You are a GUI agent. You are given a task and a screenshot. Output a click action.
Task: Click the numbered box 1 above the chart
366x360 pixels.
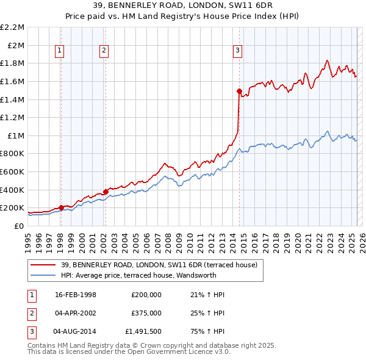(60, 51)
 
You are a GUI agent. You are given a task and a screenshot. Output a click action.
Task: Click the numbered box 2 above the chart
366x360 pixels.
(105, 51)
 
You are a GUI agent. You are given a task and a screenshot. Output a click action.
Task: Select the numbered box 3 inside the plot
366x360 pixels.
(237, 51)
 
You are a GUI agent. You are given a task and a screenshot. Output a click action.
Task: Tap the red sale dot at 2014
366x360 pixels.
(239, 91)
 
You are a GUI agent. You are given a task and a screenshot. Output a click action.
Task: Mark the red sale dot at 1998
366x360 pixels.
(61, 207)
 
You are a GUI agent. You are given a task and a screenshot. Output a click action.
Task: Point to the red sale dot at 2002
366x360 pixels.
(106, 192)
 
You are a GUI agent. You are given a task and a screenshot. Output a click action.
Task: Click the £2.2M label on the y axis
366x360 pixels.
(12, 27)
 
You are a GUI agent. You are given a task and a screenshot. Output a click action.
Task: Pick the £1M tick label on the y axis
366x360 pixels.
(16, 135)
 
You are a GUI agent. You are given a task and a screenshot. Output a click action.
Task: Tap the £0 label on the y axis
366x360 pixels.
(20, 226)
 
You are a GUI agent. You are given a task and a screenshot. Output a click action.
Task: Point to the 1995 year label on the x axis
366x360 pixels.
(28, 241)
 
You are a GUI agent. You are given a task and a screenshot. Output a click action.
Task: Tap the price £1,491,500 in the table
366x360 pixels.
(143, 332)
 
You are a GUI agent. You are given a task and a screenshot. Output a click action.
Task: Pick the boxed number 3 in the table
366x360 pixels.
(31, 332)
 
